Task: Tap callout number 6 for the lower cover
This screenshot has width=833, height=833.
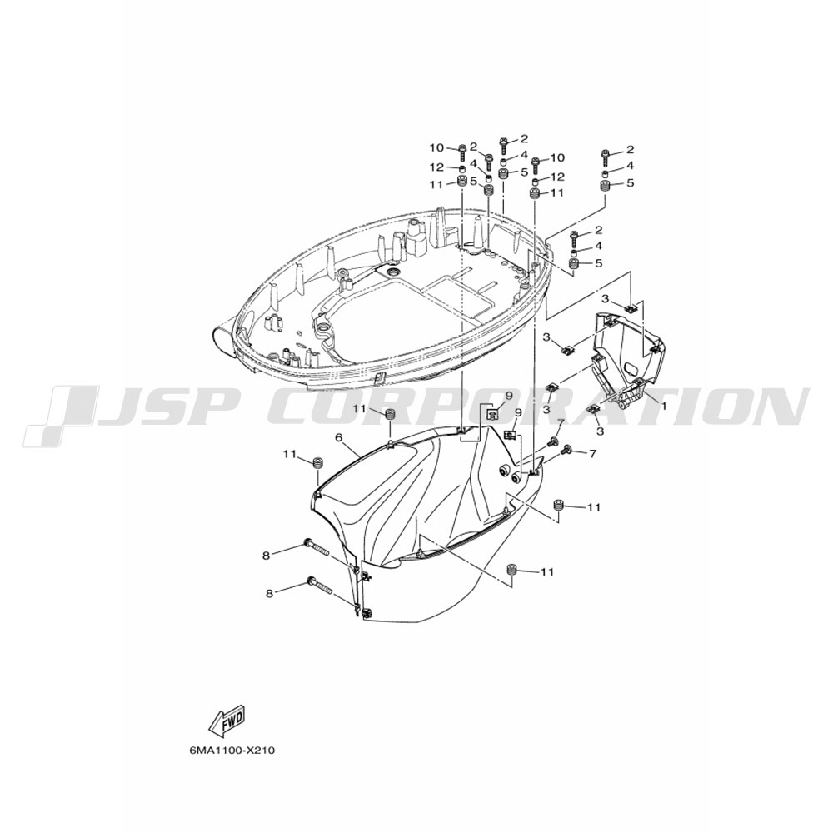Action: point(338,437)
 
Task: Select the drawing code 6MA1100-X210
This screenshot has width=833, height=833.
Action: point(232,751)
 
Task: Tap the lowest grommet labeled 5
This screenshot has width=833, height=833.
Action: point(574,263)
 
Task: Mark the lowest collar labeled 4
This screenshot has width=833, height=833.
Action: point(574,248)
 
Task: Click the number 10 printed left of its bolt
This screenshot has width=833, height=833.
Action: point(436,147)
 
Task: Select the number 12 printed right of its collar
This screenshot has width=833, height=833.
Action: point(558,176)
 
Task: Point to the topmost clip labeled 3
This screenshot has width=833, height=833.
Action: point(631,307)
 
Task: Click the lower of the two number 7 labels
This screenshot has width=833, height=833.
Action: point(593,453)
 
